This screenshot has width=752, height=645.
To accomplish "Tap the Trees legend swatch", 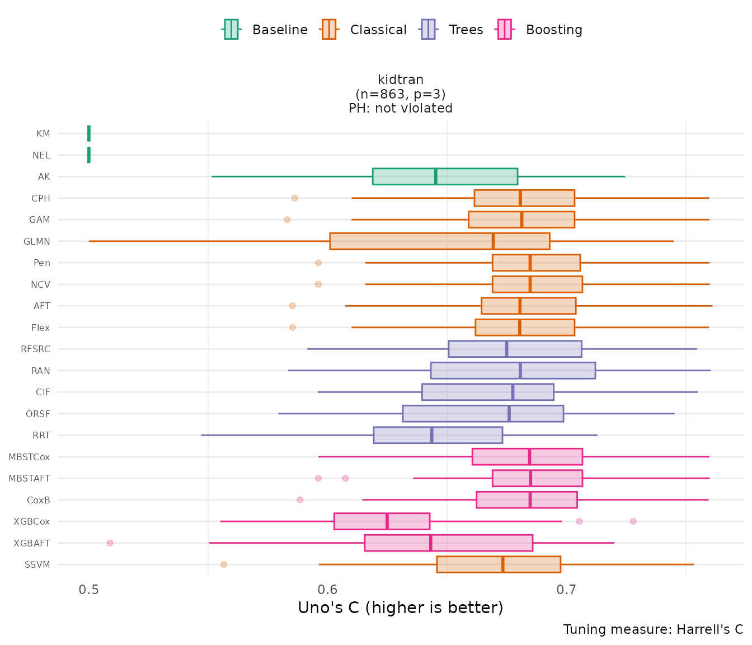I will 428,30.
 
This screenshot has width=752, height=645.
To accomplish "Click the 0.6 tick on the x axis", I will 328,590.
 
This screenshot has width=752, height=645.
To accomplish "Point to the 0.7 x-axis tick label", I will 567,590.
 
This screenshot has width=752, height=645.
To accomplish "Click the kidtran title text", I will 401,80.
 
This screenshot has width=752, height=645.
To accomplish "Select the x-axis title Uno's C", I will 401,608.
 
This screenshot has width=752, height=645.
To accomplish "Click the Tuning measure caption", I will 653,629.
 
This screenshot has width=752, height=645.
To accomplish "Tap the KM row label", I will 43,134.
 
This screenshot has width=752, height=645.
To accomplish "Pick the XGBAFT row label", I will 32,543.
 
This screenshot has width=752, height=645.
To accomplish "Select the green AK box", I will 445,176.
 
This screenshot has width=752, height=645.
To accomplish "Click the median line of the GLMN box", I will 493,241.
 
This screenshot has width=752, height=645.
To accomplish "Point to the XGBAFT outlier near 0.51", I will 110,543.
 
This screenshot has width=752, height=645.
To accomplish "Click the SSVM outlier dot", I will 224,564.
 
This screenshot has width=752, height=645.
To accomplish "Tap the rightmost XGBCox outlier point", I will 633,521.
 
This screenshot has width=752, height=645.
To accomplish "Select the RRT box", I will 438,435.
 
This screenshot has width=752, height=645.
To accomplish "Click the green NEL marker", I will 89,155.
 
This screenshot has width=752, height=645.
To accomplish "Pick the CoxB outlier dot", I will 300,500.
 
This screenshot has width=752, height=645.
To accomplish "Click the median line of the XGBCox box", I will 387,521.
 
